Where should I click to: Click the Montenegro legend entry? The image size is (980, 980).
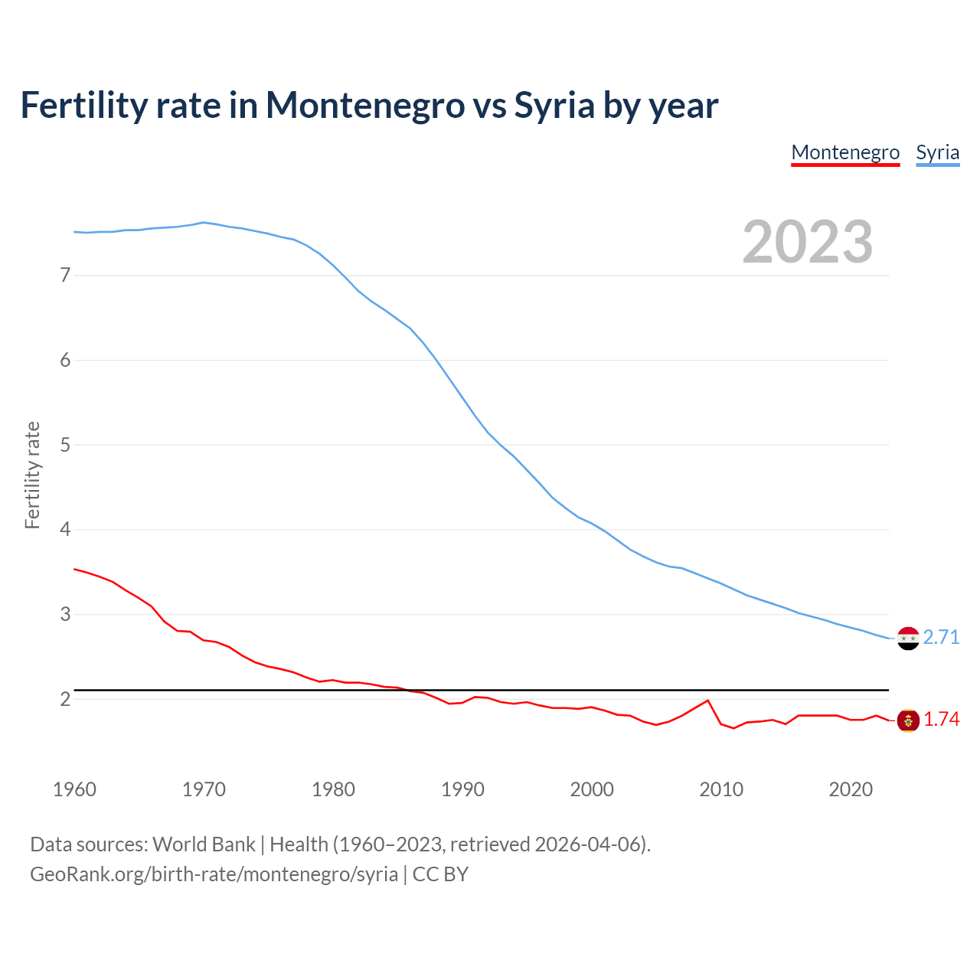coord(845,152)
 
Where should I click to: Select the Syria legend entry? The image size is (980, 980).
coord(937,152)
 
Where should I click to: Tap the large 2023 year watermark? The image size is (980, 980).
coord(807,242)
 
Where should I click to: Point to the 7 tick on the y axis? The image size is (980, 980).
coord(65,275)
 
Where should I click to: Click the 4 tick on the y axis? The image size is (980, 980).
coord(65,529)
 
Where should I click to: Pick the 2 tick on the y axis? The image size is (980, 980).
coord(65,699)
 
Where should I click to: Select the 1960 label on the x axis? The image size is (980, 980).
coord(74,789)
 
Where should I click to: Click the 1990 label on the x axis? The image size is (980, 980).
coord(462,789)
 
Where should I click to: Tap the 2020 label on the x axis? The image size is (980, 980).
coord(851,789)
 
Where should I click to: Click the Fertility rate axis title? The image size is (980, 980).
coord(32,475)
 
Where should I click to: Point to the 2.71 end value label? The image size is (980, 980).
coord(941,637)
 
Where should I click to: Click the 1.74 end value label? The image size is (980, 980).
coord(941,720)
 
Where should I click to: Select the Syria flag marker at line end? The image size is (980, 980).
coord(908,638)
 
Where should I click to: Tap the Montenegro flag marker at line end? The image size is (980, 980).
coord(908,720)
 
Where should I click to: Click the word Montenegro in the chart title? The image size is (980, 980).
coord(365,105)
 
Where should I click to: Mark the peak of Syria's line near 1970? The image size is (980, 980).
coord(203,222)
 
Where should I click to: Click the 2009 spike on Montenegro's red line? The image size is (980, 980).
coord(707,701)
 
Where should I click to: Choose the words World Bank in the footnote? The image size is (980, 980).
coord(204,844)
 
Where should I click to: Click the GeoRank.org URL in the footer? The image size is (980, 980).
coord(214,874)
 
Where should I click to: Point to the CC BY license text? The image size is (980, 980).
coord(440,874)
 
